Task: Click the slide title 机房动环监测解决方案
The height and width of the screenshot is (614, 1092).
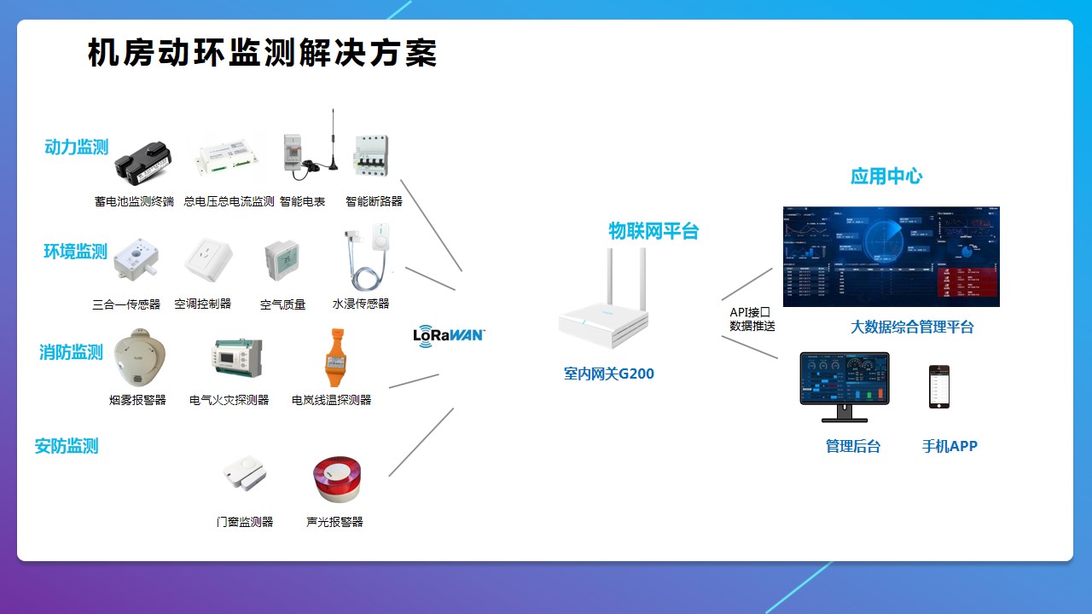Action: click(x=262, y=53)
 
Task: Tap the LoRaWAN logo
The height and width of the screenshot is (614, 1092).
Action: click(x=448, y=334)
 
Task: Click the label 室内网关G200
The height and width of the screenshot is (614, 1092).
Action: click(x=608, y=374)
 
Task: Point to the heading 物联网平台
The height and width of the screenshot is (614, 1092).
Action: click(x=653, y=231)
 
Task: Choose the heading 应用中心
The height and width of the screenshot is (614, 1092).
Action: click(x=886, y=177)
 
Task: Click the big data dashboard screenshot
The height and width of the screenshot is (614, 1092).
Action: click(x=891, y=256)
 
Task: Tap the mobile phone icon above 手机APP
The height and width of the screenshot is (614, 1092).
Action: click(x=938, y=387)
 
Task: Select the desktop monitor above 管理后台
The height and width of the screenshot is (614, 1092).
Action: click(x=844, y=386)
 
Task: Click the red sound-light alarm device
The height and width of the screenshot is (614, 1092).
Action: click(x=336, y=479)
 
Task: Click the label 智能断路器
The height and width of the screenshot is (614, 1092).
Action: click(x=374, y=202)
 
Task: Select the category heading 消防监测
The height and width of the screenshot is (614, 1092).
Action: click(x=71, y=352)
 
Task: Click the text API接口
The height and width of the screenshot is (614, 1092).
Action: click(x=750, y=312)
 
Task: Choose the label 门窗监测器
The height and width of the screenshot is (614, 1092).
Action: click(x=245, y=522)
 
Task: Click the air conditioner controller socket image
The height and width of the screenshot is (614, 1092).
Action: click(x=209, y=260)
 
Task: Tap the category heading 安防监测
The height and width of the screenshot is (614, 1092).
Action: click(x=67, y=446)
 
